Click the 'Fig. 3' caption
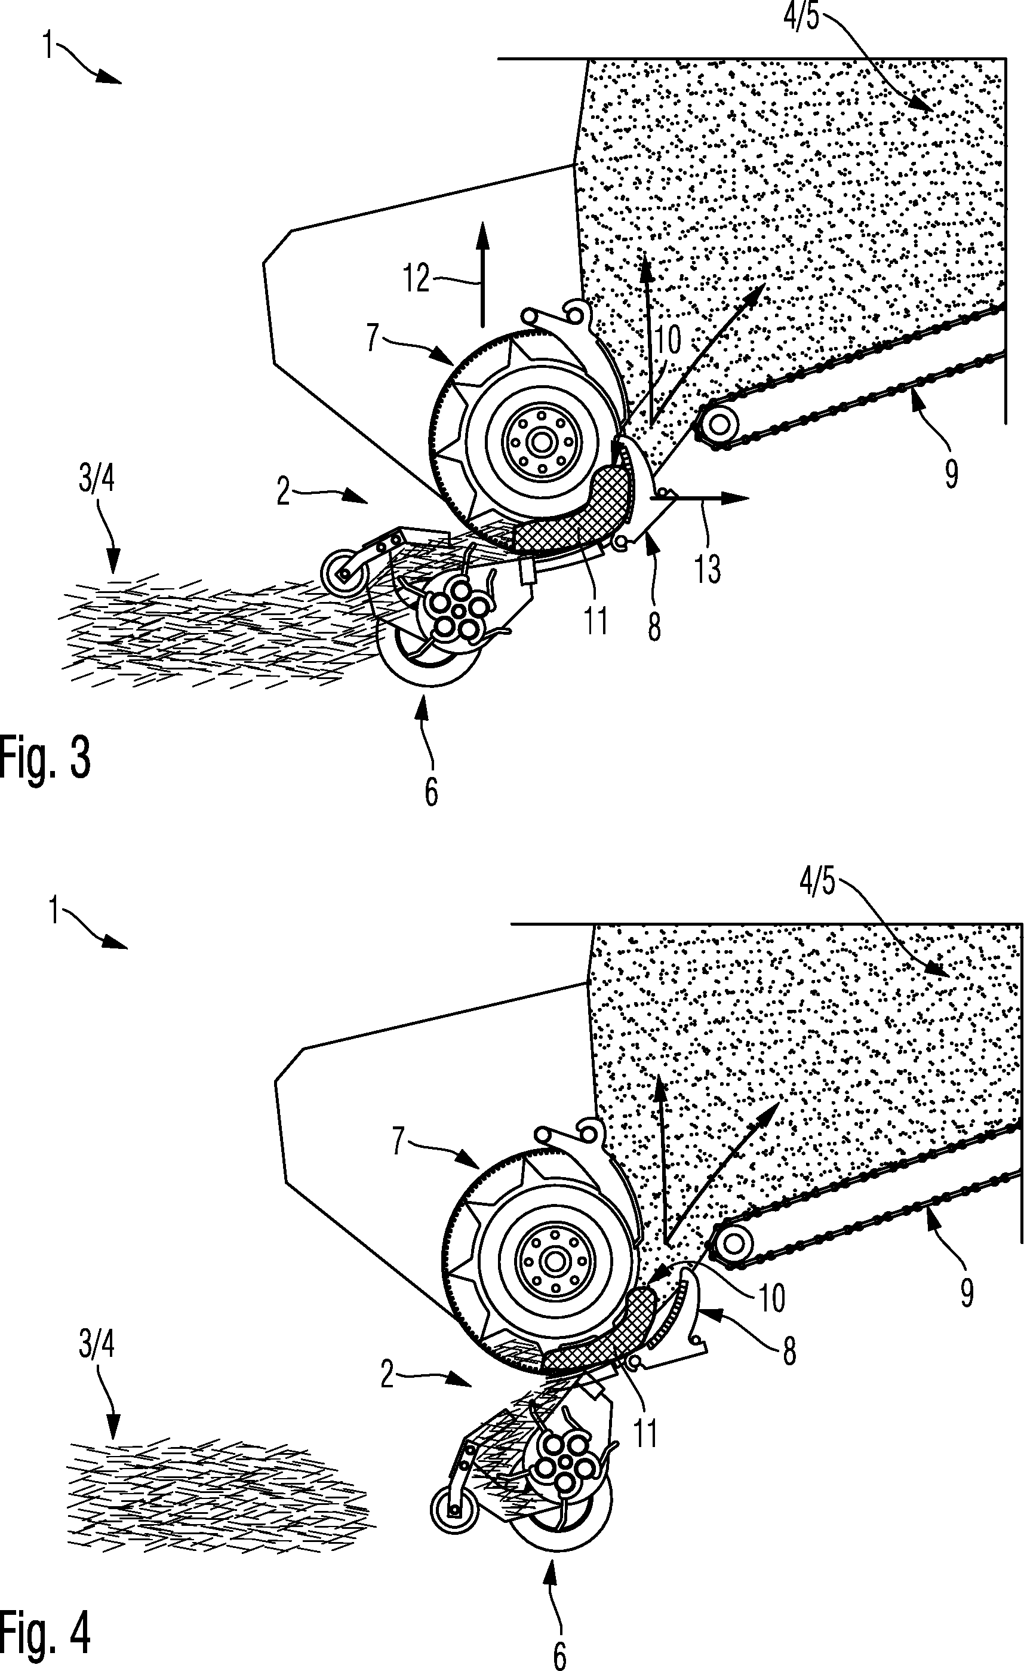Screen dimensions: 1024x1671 coord(45,759)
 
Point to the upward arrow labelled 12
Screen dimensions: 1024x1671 coord(482,274)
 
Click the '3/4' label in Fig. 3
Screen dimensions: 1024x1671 coord(96,480)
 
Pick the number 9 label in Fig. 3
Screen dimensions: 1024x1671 coord(951,474)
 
